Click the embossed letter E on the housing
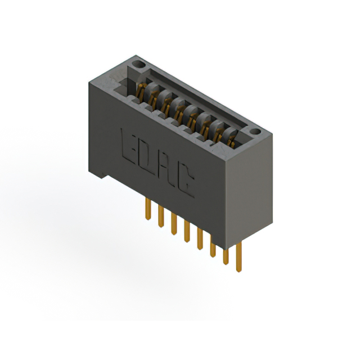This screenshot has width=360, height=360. [128, 144]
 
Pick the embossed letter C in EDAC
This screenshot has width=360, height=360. [188, 181]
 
